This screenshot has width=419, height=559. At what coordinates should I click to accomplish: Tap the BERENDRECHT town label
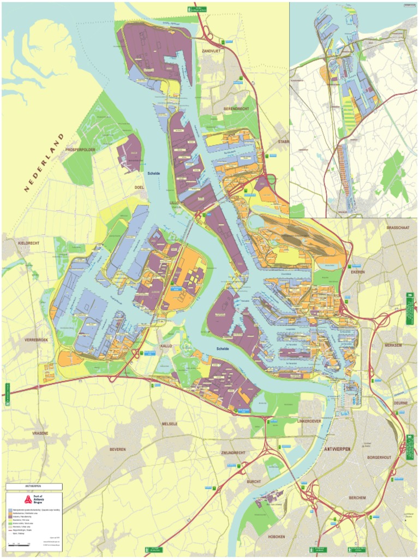tap(236, 109)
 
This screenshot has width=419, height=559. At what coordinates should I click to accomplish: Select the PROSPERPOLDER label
tap(80, 149)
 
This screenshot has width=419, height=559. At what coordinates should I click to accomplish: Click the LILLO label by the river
tap(174, 202)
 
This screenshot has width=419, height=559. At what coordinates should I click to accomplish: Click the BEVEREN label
tap(117, 449)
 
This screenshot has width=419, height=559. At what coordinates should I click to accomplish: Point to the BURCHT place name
tap(254, 481)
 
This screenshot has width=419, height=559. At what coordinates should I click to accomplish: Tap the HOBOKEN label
tap(277, 537)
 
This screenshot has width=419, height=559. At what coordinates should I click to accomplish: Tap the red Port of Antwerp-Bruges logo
tap(28, 499)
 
